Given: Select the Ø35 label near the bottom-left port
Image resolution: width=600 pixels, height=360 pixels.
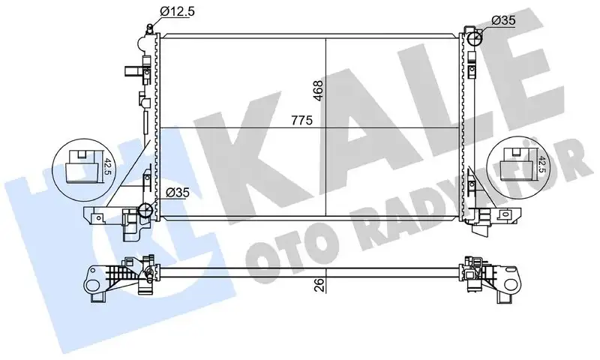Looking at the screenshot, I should pos(178,193).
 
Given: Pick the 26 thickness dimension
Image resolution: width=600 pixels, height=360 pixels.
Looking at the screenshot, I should pos(319,284).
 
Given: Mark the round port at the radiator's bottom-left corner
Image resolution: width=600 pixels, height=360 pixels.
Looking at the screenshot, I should pos(148,210).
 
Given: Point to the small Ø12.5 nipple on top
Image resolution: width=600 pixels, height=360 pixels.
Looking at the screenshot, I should pos(150,28).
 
